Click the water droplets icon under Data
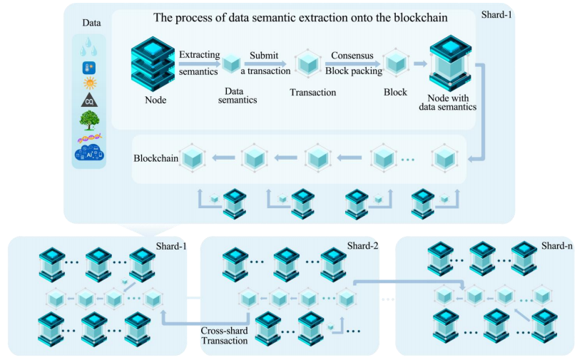(x=88, y=47)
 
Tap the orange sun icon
(x=90, y=83)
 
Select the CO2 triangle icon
(x=89, y=100)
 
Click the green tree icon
(x=89, y=120)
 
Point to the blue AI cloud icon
(x=89, y=153)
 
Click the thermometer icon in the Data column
(x=89, y=68)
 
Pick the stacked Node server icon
(x=153, y=63)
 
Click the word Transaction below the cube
(x=313, y=92)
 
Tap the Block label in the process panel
(x=395, y=92)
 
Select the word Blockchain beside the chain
(x=155, y=158)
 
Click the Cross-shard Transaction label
(x=224, y=336)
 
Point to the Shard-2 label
(x=362, y=246)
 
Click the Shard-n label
(x=557, y=246)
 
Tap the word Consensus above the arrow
(x=352, y=56)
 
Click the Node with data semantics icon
(x=451, y=63)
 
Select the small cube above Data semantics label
(x=232, y=63)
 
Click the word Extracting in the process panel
(x=200, y=55)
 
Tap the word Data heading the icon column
(x=91, y=23)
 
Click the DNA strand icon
(x=90, y=138)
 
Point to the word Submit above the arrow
(x=264, y=56)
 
